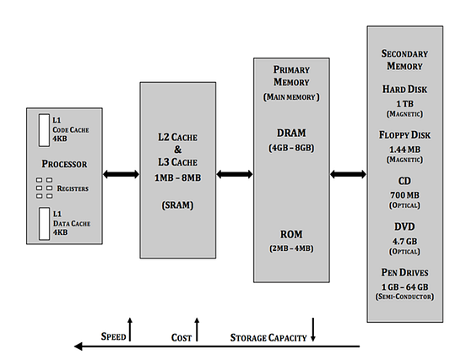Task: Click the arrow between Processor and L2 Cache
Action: pos(121,175)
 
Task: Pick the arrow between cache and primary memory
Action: pos(236,175)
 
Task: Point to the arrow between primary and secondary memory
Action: pos(348,175)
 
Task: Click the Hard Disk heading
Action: pos(404,88)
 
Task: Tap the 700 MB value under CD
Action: pos(404,194)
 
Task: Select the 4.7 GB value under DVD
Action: pos(404,240)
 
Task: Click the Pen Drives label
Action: pos(404,273)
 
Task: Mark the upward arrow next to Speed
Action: pos(130,329)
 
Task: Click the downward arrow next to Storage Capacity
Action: pos(313,329)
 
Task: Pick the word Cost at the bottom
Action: pos(182,337)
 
